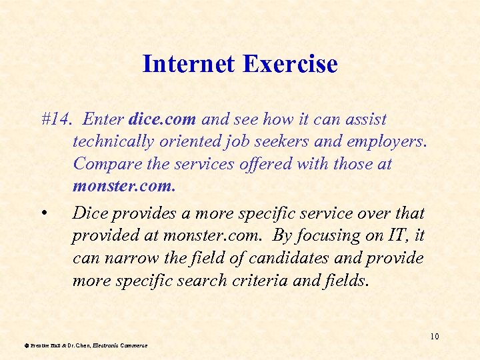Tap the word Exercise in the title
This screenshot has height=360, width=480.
290,65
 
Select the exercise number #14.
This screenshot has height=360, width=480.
55,120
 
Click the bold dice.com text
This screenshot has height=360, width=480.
162,120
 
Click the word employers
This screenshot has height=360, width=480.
389,142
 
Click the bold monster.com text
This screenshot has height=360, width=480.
124,186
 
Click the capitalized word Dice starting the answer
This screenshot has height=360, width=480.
88,214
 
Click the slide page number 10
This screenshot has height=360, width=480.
434,336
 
